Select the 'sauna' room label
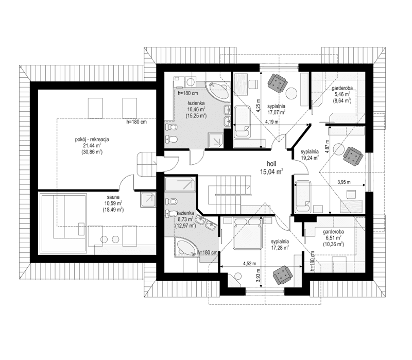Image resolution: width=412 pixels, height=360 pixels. tap(113, 197)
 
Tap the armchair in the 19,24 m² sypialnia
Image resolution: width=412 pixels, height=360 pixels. tap(353, 154)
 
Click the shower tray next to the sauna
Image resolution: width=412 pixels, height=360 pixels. tap(148, 199)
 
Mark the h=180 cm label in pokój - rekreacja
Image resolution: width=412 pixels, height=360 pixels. tap(137, 123)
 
